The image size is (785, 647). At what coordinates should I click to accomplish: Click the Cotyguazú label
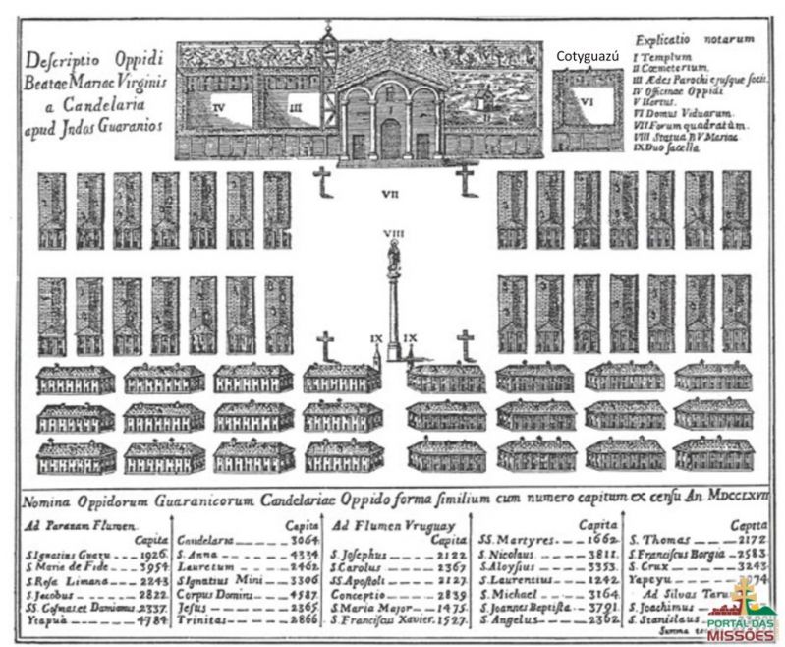point(588,57)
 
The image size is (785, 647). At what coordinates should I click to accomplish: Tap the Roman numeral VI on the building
point(587,100)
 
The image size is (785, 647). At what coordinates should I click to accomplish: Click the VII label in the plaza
point(391,193)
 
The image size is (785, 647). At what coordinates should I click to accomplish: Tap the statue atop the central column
point(393,257)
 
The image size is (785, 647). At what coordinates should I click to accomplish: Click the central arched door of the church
point(390,139)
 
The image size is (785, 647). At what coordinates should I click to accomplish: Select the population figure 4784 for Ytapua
point(150,621)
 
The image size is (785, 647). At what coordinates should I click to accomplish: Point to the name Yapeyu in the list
point(650,580)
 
